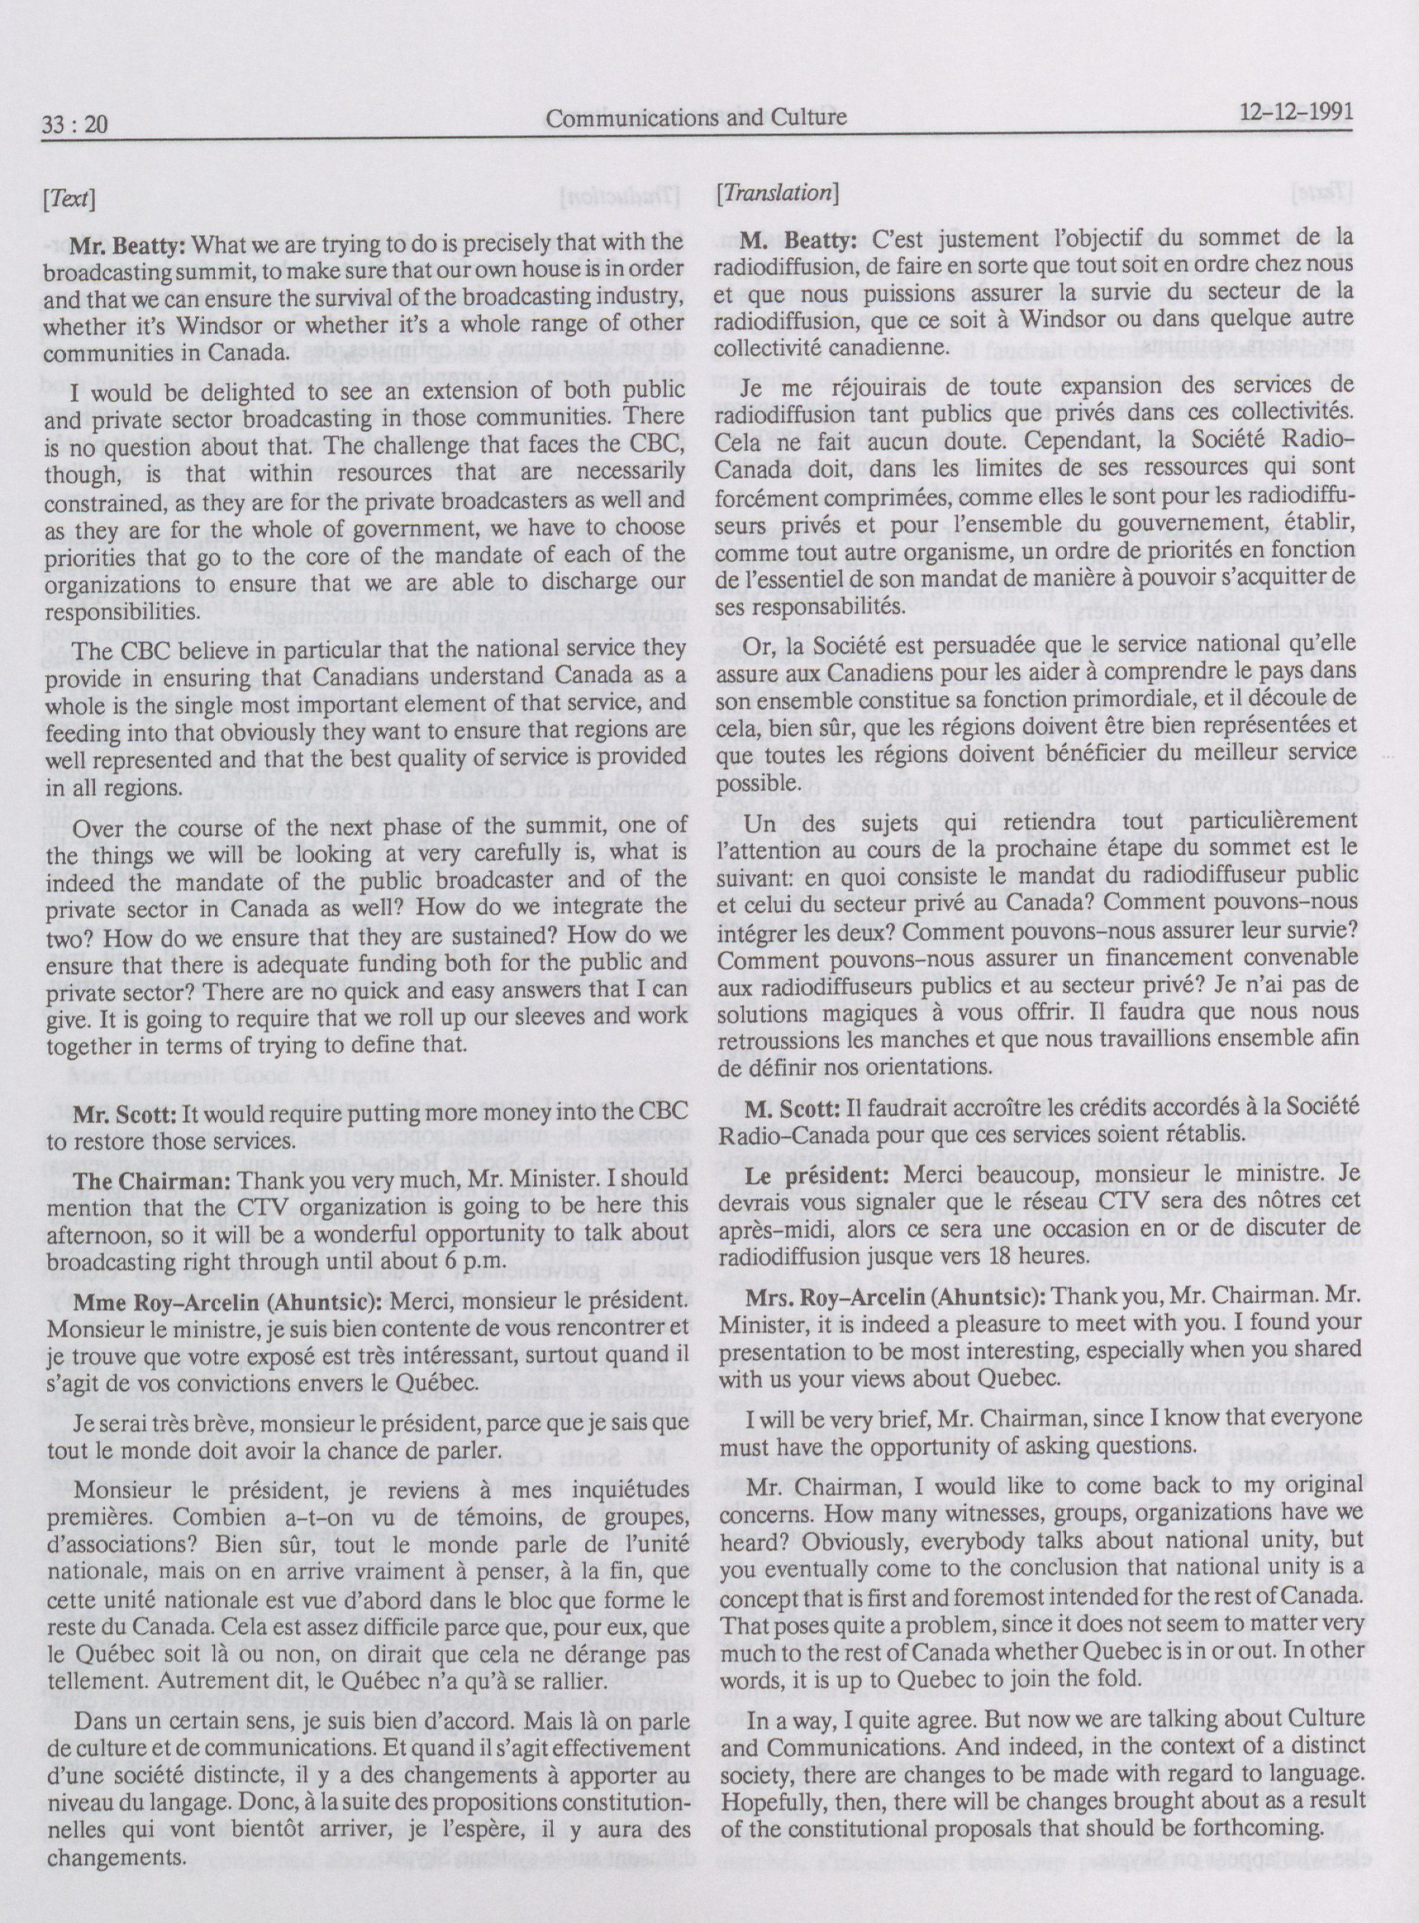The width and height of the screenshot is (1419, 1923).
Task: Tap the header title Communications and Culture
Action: [x=696, y=118]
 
